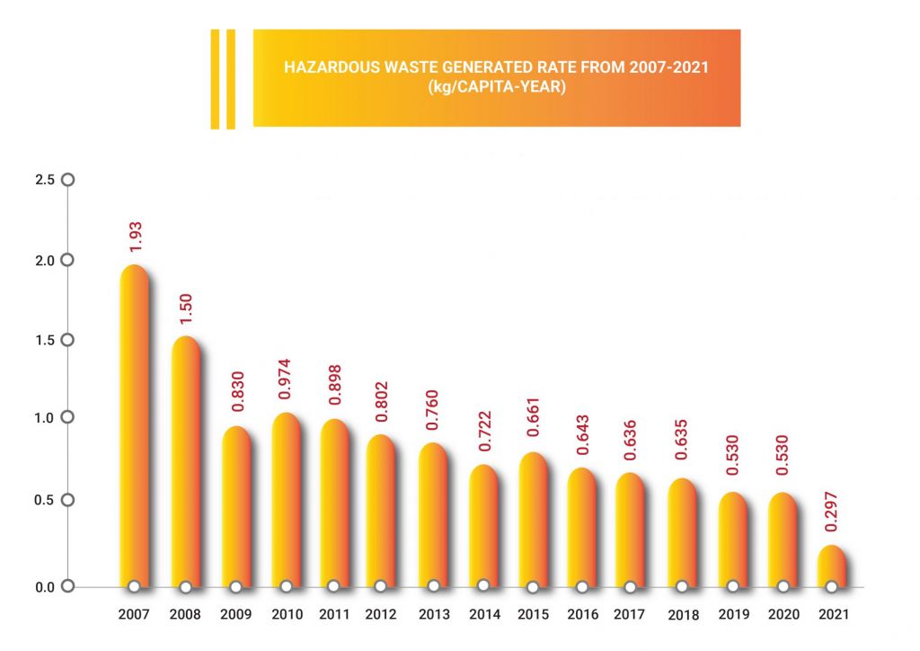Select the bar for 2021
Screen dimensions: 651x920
coord(832,566)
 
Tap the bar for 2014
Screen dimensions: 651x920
coord(483,526)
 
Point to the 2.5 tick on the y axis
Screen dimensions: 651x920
coord(45,180)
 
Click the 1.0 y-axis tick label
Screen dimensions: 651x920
coord(45,418)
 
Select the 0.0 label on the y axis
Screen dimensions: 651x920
coord(45,587)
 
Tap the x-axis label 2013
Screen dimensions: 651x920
coord(435,616)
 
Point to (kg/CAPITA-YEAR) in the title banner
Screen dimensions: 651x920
coord(496,87)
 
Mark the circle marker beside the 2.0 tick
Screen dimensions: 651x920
coord(66,261)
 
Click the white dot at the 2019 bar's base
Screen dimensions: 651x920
coord(732,586)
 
